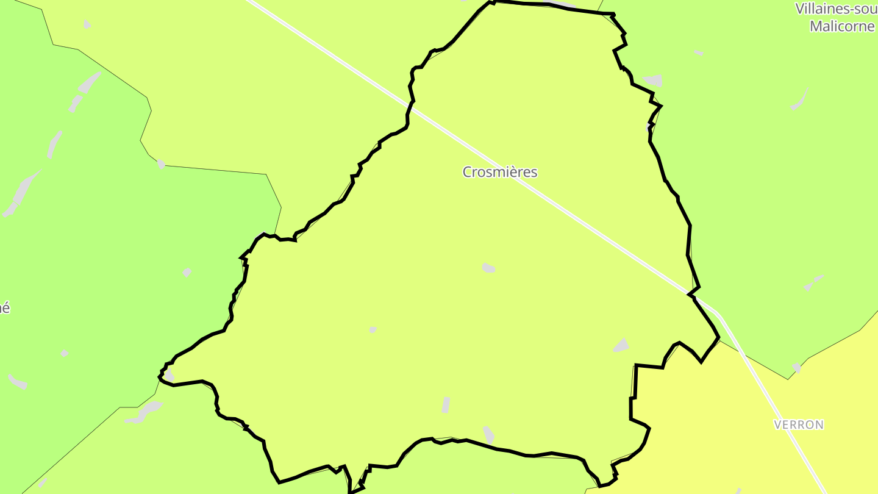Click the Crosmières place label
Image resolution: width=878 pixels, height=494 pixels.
point(500,172)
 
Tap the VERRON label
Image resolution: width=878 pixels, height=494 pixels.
point(799,424)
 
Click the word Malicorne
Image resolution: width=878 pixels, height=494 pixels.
point(841,26)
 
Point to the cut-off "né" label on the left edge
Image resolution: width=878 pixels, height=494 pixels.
point(4,308)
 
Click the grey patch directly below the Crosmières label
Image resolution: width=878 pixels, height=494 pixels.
point(488,268)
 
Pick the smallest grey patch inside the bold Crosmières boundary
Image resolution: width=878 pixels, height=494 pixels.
point(373,329)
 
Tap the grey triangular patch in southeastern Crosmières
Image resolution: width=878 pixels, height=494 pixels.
point(621,346)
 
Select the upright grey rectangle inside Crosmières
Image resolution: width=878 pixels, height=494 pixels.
point(446,405)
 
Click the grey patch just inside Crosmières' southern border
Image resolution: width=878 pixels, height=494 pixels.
point(489,434)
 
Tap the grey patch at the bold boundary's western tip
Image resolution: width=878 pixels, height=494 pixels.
point(169,374)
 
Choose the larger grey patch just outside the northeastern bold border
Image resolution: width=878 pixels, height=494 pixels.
point(653,81)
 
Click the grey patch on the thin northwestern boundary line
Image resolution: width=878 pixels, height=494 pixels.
point(161,163)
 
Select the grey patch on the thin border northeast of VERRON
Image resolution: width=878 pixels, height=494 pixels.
point(796,368)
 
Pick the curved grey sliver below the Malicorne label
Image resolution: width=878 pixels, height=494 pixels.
point(799,101)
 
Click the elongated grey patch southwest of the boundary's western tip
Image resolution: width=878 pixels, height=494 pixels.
point(144,412)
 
